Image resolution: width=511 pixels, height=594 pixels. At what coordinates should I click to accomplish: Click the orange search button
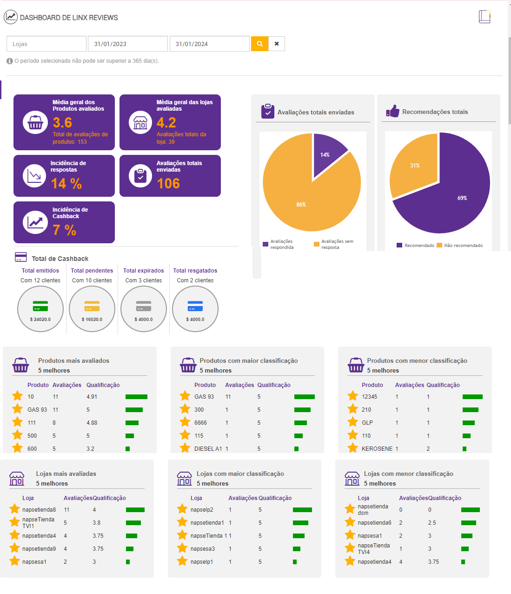(x=259, y=44)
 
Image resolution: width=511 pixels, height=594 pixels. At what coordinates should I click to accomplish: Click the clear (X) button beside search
(x=277, y=44)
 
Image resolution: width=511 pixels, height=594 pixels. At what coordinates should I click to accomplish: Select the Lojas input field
(x=46, y=44)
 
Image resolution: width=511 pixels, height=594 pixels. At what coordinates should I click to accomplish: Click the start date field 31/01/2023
(x=127, y=44)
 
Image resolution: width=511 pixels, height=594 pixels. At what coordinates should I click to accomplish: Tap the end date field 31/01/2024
(x=209, y=44)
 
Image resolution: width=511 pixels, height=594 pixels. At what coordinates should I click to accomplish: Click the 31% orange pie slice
(x=414, y=165)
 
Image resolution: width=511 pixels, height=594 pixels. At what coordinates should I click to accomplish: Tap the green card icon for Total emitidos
(x=40, y=306)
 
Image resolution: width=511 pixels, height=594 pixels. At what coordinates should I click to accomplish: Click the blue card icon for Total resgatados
(x=195, y=306)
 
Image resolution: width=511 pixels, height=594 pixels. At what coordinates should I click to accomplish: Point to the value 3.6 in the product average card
(x=62, y=122)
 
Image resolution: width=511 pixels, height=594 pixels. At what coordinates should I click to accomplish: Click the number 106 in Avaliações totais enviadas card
(x=168, y=184)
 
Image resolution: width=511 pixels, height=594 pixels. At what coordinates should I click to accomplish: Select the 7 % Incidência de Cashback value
(x=64, y=230)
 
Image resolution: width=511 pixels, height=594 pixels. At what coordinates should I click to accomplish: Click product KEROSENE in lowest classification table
(x=377, y=449)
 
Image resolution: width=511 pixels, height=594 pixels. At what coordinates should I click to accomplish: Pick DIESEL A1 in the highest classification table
(x=208, y=449)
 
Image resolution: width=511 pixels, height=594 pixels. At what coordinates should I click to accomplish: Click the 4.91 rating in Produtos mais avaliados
(x=92, y=397)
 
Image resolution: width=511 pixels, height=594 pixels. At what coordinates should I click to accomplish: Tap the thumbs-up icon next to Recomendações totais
(x=392, y=111)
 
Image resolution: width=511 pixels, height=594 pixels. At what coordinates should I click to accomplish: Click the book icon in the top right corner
(x=484, y=17)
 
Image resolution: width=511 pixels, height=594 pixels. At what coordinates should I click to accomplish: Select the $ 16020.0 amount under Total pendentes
(x=92, y=320)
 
